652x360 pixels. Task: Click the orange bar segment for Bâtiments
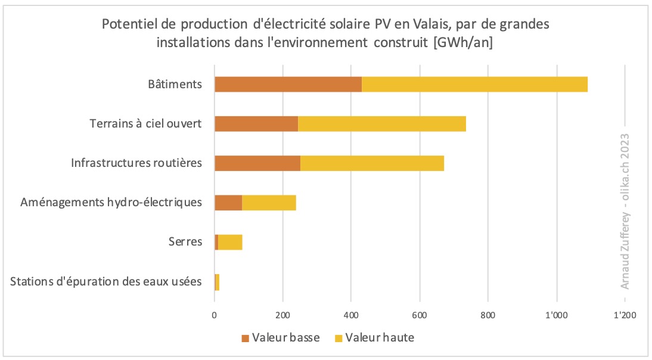pos(288,84)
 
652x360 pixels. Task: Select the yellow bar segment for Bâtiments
pos(475,84)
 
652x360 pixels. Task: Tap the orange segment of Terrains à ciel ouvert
pos(256,123)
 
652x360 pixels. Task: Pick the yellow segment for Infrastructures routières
pos(372,163)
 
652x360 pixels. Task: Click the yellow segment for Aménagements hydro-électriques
pos(269,203)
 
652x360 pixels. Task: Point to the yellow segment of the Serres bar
pos(230,242)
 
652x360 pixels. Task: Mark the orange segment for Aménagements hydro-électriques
pos(228,203)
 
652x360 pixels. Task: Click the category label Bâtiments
pos(175,84)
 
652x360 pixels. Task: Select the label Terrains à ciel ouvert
pos(145,124)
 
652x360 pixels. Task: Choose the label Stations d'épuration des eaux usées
pos(106,281)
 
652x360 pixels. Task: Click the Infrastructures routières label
pos(136,163)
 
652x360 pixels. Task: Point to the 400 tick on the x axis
pos(351,315)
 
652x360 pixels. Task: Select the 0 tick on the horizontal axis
pos(215,315)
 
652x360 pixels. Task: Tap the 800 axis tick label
pos(488,315)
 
